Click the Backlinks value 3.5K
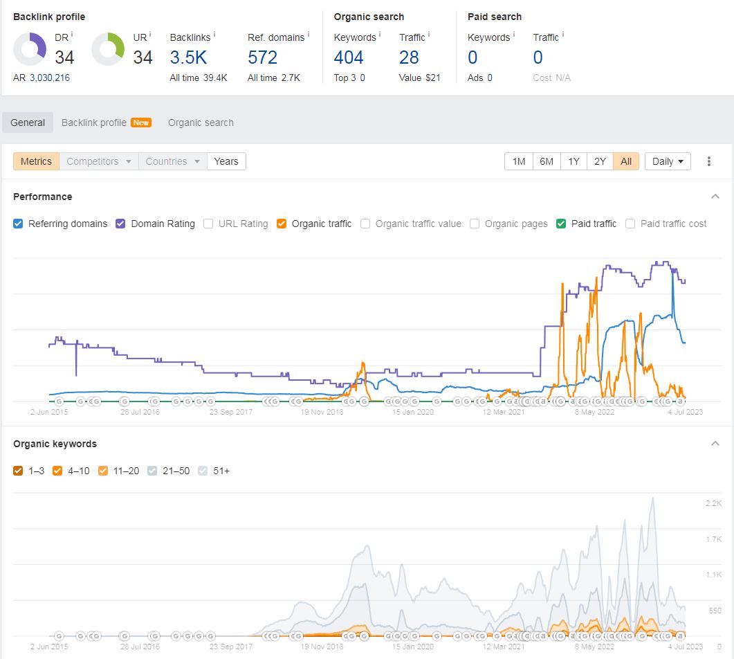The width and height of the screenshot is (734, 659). coord(188,57)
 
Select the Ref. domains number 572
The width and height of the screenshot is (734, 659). coord(263,57)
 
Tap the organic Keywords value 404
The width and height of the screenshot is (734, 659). coord(348,57)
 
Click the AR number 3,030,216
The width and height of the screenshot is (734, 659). coord(50,78)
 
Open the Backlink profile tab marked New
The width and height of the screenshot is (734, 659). coord(107,123)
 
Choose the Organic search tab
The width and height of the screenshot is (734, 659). coord(201,123)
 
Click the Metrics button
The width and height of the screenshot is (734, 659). coord(36,161)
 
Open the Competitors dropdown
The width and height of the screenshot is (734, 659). coord(99,161)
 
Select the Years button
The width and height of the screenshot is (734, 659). coord(226,161)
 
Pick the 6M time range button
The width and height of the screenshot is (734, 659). coord(547,161)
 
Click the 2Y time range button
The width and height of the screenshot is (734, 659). coord(600,161)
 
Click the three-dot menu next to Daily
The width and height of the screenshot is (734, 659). coord(708,161)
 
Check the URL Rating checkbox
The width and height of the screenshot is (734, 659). coord(208,224)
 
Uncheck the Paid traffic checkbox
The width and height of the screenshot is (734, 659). coord(561,224)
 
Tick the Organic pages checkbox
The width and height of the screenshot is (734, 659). coord(475,224)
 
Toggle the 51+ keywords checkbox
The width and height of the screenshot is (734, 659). coord(203,471)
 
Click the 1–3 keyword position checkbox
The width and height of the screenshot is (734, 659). coord(18,471)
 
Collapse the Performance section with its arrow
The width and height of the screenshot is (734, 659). coord(715,197)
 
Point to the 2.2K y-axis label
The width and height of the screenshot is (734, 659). coord(713,503)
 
